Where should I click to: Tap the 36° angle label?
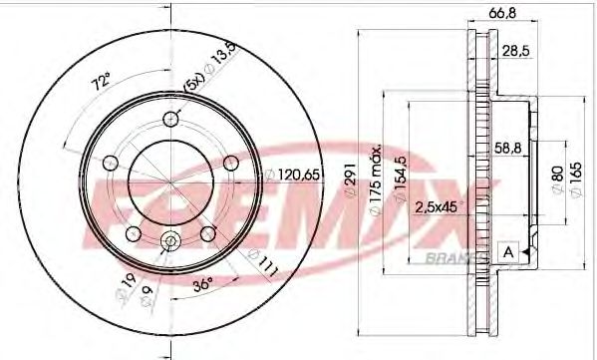[201, 282]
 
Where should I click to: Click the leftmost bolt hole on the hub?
[110, 163]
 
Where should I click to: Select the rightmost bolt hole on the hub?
[230, 163]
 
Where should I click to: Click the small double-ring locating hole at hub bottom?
[169, 240]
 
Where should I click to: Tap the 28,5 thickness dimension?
[514, 50]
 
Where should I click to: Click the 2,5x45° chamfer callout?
[440, 206]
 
